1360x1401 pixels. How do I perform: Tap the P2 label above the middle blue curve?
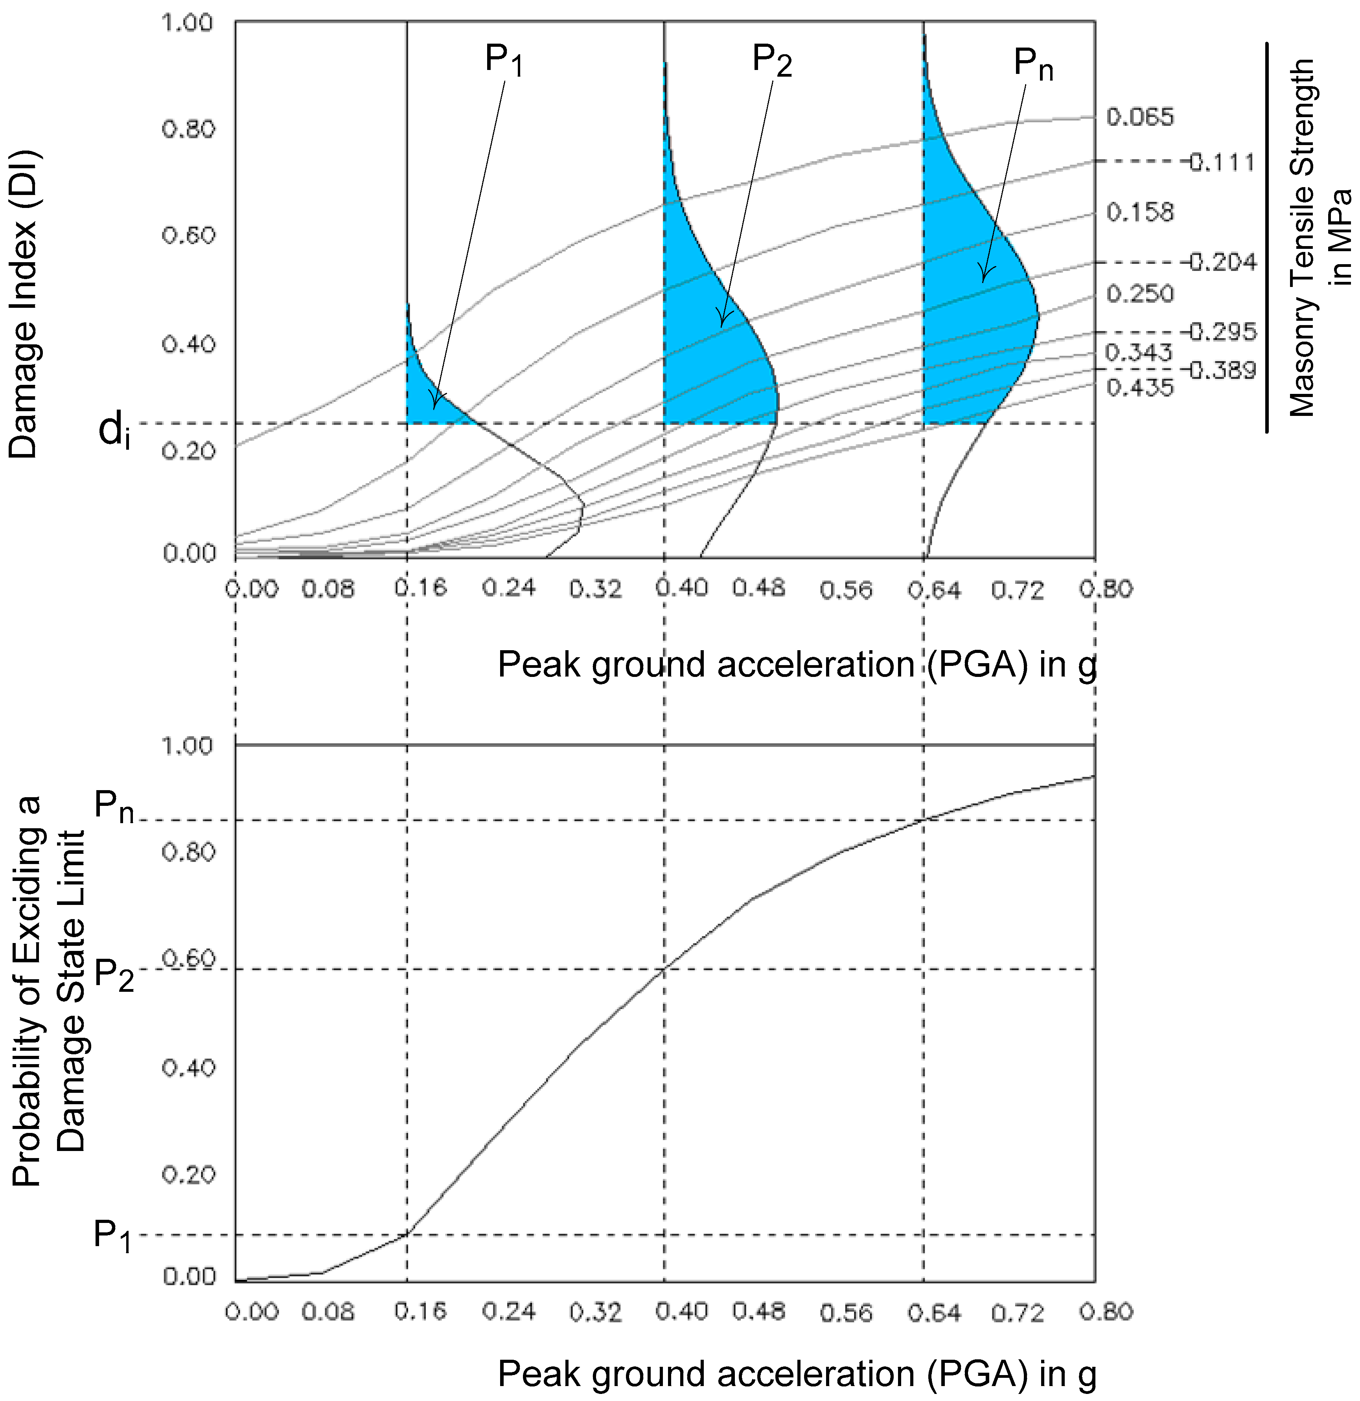point(771,60)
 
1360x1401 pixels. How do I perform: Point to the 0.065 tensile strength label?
point(1140,117)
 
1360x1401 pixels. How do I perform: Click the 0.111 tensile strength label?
point(1221,162)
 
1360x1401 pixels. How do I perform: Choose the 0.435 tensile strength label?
point(1140,388)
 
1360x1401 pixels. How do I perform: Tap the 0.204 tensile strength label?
point(1221,262)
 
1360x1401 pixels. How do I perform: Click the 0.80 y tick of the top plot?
point(188,129)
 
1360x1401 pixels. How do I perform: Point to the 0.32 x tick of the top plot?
point(596,590)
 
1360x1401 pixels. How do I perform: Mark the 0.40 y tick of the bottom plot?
point(188,1068)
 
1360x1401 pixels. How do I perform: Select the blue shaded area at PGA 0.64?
point(972,300)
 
